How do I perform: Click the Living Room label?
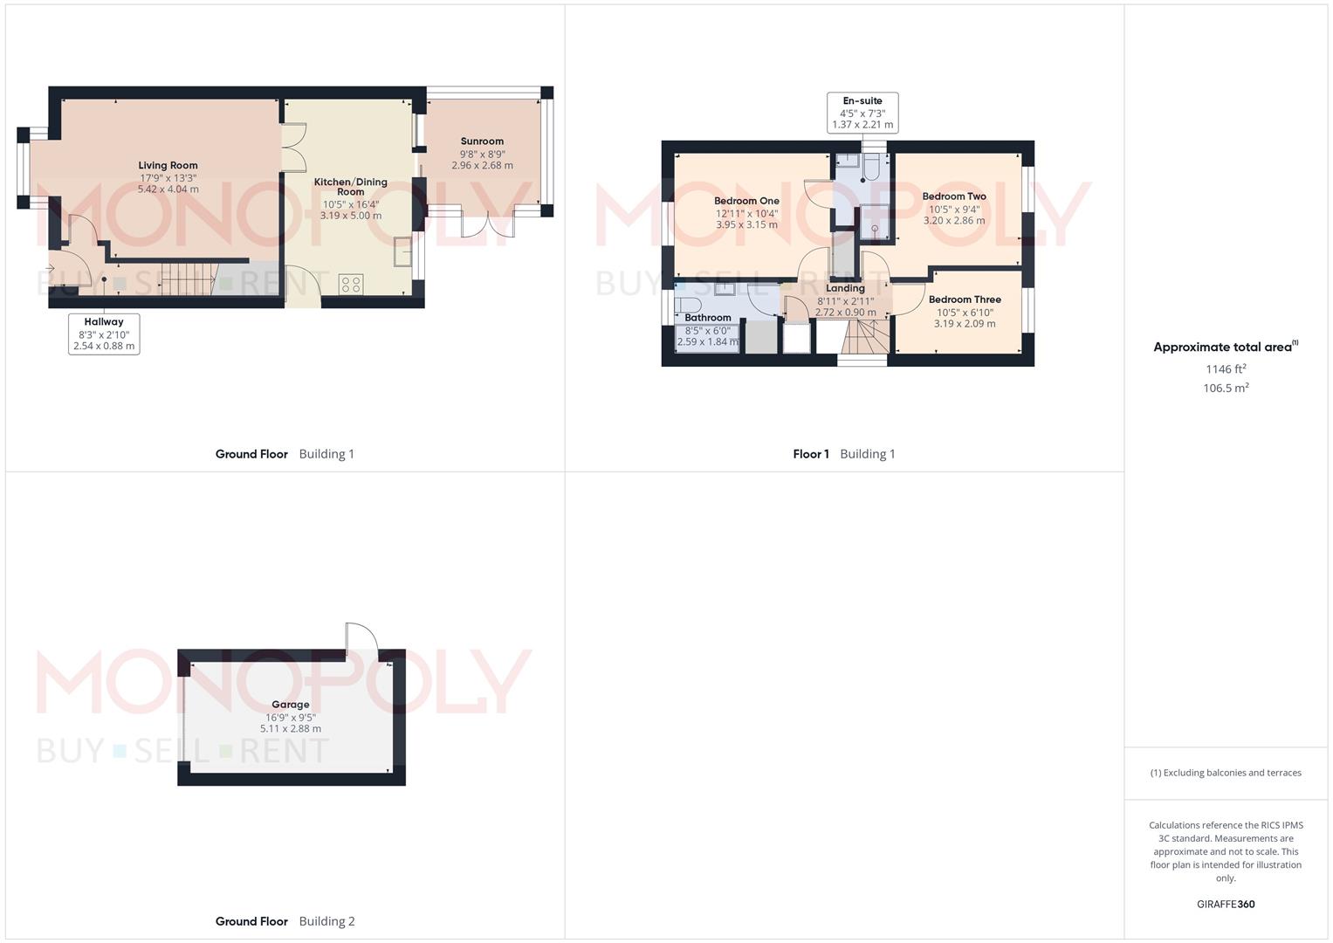168,165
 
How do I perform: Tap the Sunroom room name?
482,141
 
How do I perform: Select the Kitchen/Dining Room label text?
350,187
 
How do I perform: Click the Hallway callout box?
104,334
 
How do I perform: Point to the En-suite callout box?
862,113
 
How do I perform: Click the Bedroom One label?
746,201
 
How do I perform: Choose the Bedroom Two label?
954,196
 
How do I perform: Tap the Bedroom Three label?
965,299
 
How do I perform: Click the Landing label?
845,288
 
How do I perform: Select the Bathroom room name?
707,318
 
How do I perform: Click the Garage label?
290,705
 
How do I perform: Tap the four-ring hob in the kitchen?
351,284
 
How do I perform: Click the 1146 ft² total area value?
1226,369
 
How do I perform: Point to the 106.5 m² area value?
1226,389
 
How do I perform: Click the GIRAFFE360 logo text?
1226,905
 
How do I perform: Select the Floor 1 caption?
811,454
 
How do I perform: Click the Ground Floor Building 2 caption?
285,921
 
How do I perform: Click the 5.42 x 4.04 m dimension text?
168,189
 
